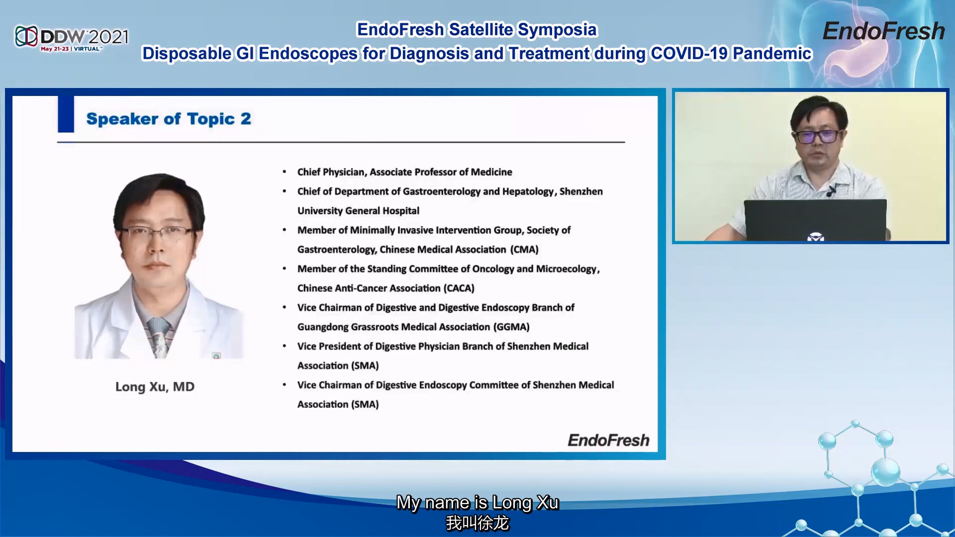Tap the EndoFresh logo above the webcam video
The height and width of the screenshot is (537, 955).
[x=883, y=31]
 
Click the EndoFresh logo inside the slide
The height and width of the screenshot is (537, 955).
[x=608, y=440]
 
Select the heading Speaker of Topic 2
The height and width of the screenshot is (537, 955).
[x=169, y=119]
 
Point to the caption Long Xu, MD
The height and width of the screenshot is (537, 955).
[x=155, y=387]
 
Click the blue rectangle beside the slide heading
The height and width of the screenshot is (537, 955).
[x=66, y=114]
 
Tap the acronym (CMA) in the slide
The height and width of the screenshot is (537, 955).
[x=524, y=250]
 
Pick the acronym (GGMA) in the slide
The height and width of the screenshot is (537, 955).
[x=511, y=327]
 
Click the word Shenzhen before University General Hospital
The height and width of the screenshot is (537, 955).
[x=581, y=191]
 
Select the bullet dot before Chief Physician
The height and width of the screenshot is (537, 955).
[x=284, y=172]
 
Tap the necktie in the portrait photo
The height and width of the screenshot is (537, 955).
[x=159, y=338]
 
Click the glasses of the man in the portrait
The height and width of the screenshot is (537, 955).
[x=157, y=231]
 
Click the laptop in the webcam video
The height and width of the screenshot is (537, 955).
[x=815, y=220]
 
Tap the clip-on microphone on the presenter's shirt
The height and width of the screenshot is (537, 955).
[x=831, y=191]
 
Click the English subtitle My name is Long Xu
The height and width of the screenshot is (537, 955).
[x=477, y=503]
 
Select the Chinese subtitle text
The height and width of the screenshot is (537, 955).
[x=477, y=523]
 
